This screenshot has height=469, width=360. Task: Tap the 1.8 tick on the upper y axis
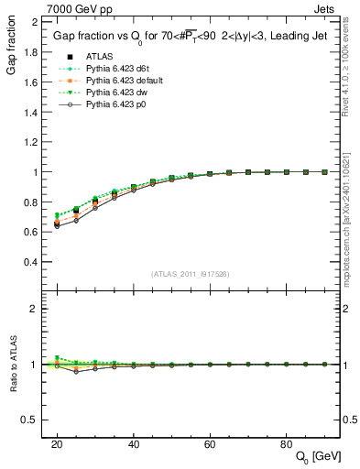(30, 52)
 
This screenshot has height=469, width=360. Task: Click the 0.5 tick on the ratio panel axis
(30, 420)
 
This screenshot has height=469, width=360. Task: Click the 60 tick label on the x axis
(210, 443)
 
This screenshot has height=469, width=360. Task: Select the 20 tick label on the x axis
(57, 443)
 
